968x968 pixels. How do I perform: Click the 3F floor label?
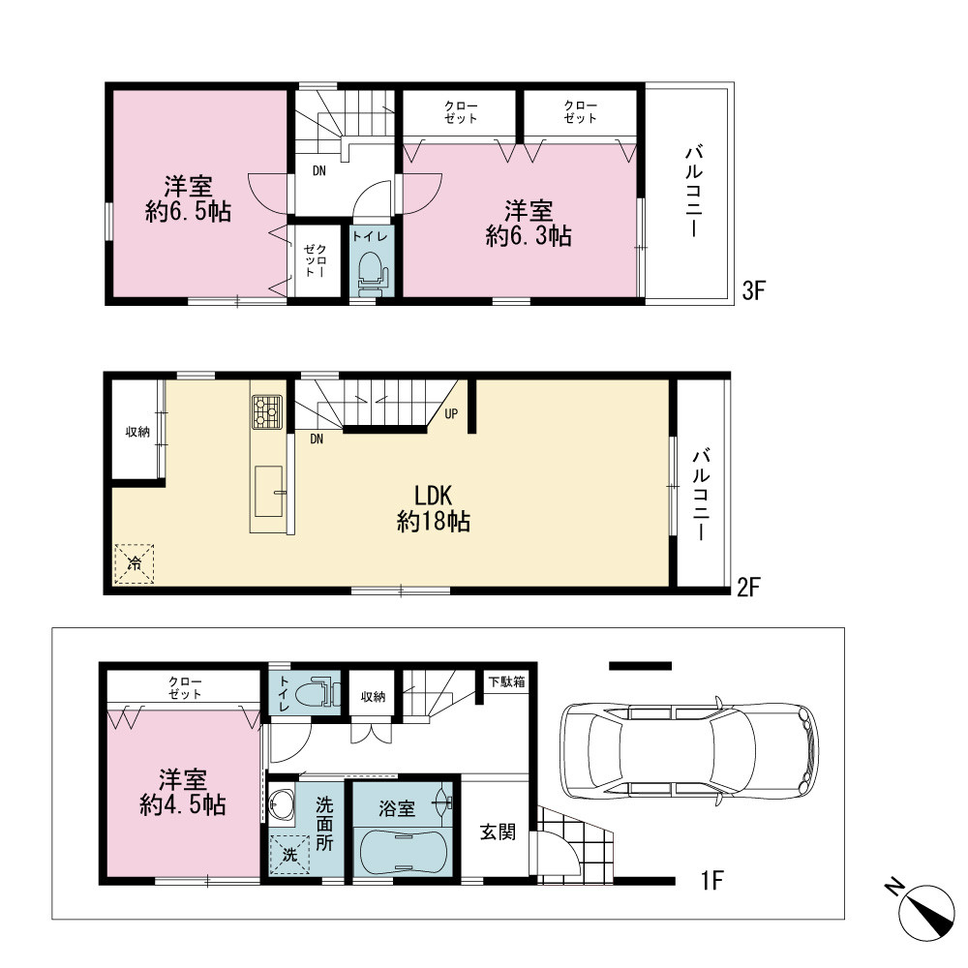(x=753, y=290)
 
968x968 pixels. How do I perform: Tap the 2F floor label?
(x=748, y=587)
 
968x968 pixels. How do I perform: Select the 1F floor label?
(x=711, y=880)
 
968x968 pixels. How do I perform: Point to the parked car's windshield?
(x=733, y=752)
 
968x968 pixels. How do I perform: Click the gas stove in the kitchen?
(x=267, y=412)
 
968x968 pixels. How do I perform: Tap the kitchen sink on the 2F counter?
(x=269, y=492)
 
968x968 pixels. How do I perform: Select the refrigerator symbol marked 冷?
(x=134, y=563)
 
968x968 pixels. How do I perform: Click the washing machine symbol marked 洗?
(x=289, y=855)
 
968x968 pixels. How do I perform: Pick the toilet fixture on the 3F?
(x=372, y=272)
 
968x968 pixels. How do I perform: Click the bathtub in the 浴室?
(x=402, y=852)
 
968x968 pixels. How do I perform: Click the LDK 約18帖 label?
(x=434, y=509)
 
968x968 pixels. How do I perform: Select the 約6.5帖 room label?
(x=189, y=198)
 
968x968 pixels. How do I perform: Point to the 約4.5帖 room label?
(x=183, y=793)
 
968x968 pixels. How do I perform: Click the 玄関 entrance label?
(x=498, y=832)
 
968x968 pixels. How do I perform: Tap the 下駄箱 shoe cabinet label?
(x=507, y=682)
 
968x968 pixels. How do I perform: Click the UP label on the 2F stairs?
(x=451, y=413)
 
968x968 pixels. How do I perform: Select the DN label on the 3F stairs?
(x=318, y=171)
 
